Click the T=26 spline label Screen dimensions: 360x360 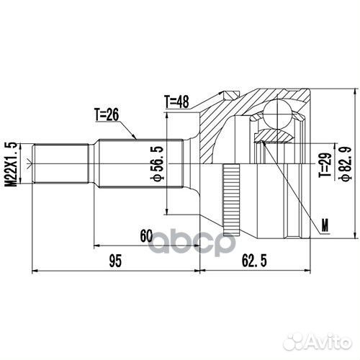pos(107,114)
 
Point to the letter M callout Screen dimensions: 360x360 pos(325,227)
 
